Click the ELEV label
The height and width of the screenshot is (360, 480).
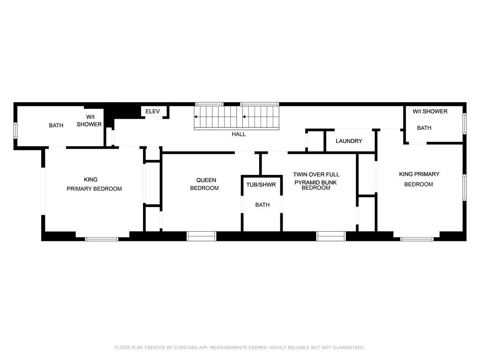tap(152, 112)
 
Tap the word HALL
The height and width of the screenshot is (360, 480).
tap(239, 134)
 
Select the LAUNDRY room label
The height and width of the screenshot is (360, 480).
tap(349, 141)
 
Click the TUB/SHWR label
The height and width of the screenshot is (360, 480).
tap(261, 185)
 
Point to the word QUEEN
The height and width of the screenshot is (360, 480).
tap(206, 180)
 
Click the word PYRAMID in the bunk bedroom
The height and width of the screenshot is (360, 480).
tap(307, 182)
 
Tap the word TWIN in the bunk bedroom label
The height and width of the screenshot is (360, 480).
tap(300, 174)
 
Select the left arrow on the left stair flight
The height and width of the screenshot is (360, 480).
tap(195, 117)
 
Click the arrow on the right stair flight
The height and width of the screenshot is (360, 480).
tap(244, 117)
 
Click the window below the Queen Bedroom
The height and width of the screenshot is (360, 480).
tap(202, 236)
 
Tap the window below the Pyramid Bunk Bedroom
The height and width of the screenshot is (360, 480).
tap(331, 236)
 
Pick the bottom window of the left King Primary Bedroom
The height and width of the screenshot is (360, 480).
tap(101, 239)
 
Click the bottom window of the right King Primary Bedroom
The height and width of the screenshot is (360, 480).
tap(417, 239)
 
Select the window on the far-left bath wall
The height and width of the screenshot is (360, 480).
tap(15, 130)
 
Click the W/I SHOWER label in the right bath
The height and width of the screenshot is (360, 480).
tap(430, 112)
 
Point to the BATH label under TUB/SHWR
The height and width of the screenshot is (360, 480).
tap(262, 205)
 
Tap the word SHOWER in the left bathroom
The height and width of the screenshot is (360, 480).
tap(89, 124)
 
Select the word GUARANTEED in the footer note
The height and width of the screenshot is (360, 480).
tap(349, 347)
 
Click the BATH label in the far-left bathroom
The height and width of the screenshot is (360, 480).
tap(56, 125)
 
